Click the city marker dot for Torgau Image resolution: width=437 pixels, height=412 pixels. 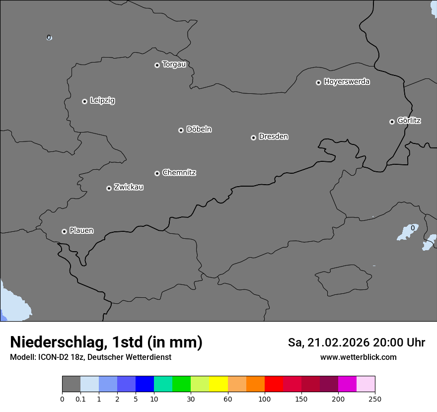[157, 65]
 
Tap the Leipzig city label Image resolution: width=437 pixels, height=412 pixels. [102, 100]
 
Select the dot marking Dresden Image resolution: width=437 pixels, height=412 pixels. [253, 137]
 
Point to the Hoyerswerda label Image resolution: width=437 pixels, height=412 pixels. [347, 81]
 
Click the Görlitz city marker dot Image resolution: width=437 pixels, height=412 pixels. [392, 122]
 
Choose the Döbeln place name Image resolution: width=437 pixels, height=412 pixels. [199, 129]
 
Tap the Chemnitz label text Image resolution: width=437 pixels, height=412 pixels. [179, 173]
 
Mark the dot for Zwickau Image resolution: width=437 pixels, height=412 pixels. [109, 188]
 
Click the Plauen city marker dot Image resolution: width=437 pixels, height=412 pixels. [64, 231]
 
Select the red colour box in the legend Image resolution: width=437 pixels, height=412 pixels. [274, 384]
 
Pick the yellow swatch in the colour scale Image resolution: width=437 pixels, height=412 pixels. [218, 384]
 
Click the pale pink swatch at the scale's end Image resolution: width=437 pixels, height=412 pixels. [366, 384]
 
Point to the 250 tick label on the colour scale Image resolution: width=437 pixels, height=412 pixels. [375, 399]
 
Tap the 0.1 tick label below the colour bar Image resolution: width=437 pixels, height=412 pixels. [80, 399]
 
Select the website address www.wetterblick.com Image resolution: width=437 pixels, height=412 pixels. [358, 357]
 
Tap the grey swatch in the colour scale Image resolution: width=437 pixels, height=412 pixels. [71, 384]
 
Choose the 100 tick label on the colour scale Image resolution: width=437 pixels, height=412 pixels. [265, 399]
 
